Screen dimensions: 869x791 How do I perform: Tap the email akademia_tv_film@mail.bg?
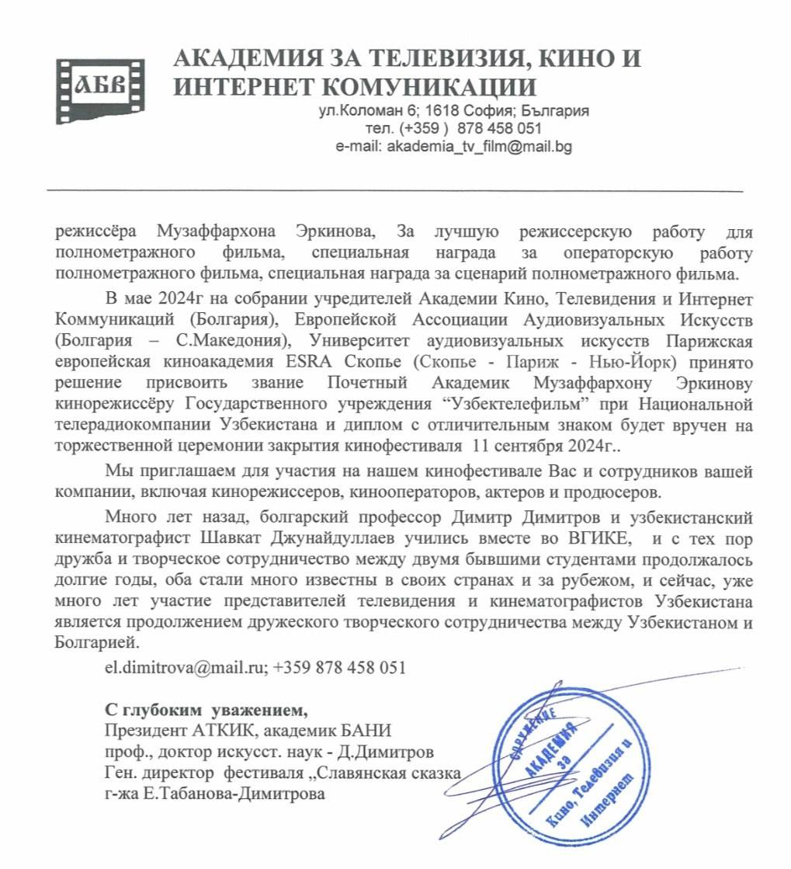coord(480,147)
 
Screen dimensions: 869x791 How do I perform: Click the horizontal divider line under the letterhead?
coord(395,190)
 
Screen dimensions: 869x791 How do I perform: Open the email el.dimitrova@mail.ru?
coord(186,667)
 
